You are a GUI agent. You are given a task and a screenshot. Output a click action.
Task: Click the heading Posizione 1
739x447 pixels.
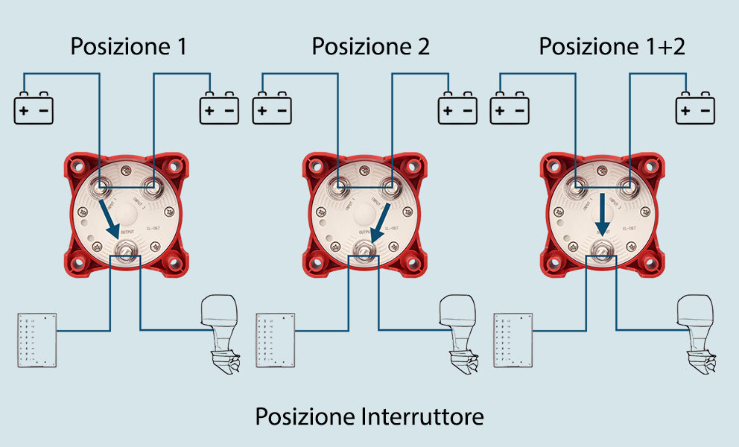click(x=128, y=47)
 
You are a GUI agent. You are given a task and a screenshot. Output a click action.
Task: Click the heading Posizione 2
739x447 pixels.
click(x=370, y=47)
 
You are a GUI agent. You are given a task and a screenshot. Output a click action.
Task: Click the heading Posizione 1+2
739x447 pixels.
click(x=612, y=47)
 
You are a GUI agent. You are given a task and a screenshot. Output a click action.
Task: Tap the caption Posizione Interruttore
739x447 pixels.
click(x=369, y=416)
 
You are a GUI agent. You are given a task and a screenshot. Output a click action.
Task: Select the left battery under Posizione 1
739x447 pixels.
click(x=34, y=109)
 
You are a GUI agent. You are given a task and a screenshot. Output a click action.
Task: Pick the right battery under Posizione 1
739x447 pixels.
click(x=219, y=109)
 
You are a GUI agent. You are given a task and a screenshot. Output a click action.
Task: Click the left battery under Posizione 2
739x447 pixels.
click(x=272, y=109)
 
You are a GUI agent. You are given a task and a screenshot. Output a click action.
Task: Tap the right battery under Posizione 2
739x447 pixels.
click(x=457, y=109)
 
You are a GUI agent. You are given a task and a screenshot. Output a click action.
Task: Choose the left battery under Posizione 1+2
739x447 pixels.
click(x=510, y=109)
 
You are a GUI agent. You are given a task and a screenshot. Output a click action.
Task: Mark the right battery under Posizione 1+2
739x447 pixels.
click(x=695, y=109)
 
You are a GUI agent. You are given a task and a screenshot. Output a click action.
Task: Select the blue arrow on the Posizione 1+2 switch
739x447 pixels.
click(x=603, y=215)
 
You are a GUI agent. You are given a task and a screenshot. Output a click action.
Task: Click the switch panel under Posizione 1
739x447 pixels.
click(x=37, y=340)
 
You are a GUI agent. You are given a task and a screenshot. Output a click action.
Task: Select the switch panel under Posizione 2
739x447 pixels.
click(x=275, y=340)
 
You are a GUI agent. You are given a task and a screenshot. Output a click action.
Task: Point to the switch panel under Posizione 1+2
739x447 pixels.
click(x=513, y=340)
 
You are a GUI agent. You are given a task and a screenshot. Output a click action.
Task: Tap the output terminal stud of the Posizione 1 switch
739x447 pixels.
click(x=125, y=250)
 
